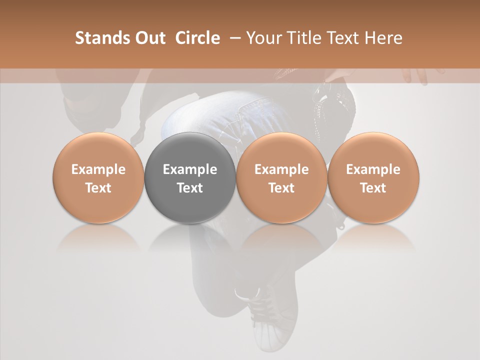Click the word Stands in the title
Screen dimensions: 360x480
(x=102, y=38)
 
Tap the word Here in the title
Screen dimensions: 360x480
(x=384, y=38)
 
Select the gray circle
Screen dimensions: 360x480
(x=190, y=177)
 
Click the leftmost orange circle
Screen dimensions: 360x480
(x=98, y=177)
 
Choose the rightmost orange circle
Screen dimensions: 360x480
(x=373, y=177)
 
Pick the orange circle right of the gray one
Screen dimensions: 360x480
(x=281, y=177)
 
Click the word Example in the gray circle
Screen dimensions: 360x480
(x=190, y=169)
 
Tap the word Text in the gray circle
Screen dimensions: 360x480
(x=190, y=188)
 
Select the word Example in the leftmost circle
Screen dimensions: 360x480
(x=98, y=169)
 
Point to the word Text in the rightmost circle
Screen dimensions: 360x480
(x=373, y=188)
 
